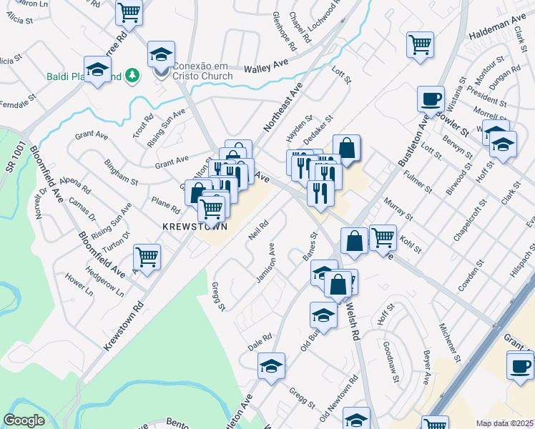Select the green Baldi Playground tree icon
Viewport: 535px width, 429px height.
[x=132, y=74]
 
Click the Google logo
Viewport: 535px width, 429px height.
[x=24, y=420]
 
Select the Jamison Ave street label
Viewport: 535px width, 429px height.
[x=266, y=262]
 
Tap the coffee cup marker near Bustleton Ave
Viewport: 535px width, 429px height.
[x=431, y=99]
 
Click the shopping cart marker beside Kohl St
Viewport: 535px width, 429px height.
[x=383, y=237]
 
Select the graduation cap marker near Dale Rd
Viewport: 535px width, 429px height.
[x=271, y=366]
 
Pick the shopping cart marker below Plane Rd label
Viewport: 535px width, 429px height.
[x=211, y=209]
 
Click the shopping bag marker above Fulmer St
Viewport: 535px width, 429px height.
[x=346, y=149]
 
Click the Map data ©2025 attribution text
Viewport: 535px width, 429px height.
[x=505, y=423]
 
